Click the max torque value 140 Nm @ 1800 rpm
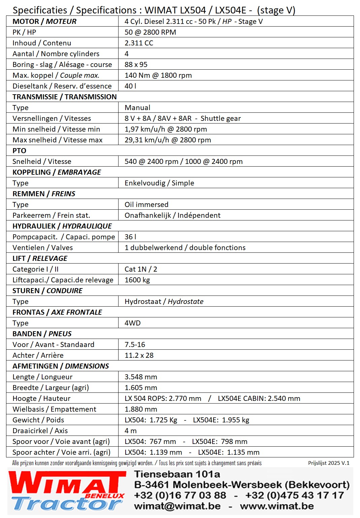(x=158, y=75)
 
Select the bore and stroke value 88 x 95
(x=136, y=65)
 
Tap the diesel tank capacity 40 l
(x=130, y=86)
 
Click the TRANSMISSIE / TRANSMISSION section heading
(x=64, y=97)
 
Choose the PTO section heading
(x=19, y=151)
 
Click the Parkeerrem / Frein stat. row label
(x=51, y=215)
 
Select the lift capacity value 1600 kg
(x=137, y=280)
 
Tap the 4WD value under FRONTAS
(x=132, y=323)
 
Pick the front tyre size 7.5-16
(x=135, y=345)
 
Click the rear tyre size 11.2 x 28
(x=139, y=355)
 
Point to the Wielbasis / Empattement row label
(x=54, y=409)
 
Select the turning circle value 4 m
(x=130, y=431)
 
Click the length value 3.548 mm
(x=141, y=377)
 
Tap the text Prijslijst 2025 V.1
(x=328, y=463)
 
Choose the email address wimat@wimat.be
(x=177, y=506)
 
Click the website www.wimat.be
(x=276, y=506)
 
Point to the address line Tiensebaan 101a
(x=177, y=474)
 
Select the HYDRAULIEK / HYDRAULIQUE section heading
(x=62, y=226)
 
